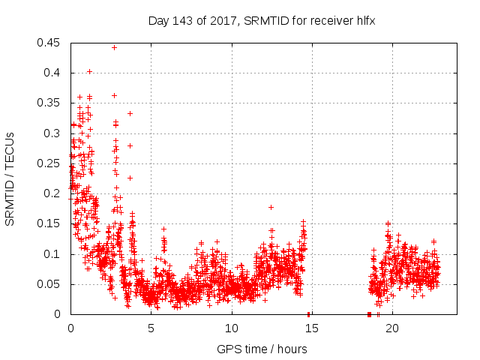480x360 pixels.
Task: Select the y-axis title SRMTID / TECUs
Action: [x=10, y=178]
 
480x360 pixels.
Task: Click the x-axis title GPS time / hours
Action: [x=262, y=349]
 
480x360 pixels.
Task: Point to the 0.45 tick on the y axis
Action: [x=51, y=43]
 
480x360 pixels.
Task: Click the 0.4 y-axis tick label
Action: [x=54, y=73]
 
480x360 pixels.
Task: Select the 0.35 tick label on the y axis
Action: [x=51, y=103]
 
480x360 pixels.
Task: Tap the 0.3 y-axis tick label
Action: [x=54, y=133]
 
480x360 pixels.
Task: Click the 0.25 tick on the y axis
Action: [x=51, y=163]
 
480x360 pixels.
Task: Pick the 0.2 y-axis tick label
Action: [x=54, y=193]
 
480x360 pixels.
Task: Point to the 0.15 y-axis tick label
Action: [x=51, y=223]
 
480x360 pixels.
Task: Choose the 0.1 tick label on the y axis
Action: [x=54, y=254]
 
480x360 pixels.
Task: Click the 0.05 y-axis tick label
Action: [x=51, y=284]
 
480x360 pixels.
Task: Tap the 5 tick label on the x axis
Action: [x=151, y=328]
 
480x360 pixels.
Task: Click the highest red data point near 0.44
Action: [x=114, y=47]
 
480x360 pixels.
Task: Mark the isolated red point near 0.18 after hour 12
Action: [x=271, y=207]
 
